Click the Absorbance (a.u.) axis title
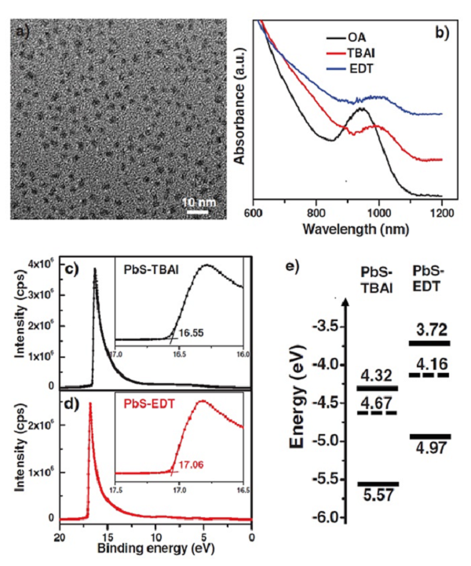(x=241, y=111)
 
